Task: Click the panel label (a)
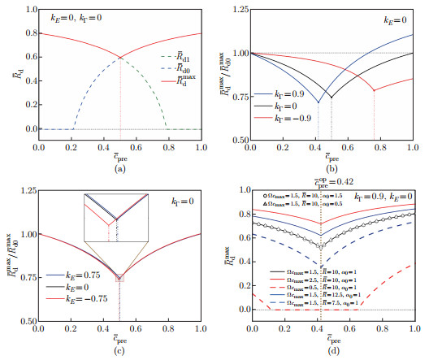pos(119,169)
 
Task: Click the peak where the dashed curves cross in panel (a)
pos(120,57)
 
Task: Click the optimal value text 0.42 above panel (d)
pos(331,182)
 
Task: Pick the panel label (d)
pos(332,351)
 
